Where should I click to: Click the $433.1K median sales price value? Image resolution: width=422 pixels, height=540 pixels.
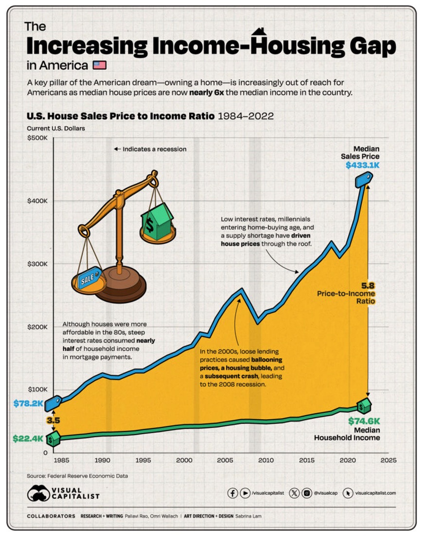click(x=362, y=165)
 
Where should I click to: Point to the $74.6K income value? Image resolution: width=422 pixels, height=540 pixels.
click(x=364, y=421)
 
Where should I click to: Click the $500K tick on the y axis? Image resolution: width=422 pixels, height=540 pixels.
click(x=36, y=138)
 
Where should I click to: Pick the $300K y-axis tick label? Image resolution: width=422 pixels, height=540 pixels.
click(x=36, y=264)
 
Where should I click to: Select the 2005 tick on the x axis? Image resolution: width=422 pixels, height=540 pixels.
click(x=224, y=459)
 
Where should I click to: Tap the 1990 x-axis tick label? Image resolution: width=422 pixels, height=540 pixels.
click(x=102, y=459)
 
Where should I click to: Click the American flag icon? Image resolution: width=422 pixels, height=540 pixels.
click(x=99, y=65)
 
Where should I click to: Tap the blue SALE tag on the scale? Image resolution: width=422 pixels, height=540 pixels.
click(x=86, y=280)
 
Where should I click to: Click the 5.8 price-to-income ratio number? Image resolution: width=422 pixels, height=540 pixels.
click(x=368, y=286)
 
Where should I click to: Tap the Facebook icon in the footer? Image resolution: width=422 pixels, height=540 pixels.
click(x=232, y=493)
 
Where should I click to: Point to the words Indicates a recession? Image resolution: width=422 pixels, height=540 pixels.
click(x=154, y=149)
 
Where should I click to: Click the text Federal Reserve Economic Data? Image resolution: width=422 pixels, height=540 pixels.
click(x=88, y=476)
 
